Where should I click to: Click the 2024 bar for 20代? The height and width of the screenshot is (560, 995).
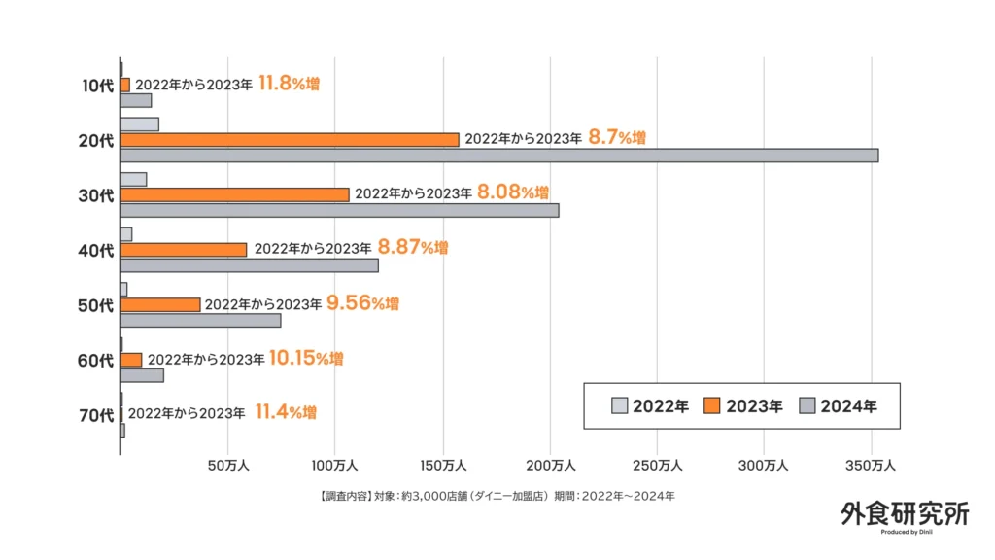(498, 156)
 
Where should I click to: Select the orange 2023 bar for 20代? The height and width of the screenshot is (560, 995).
(290, 140)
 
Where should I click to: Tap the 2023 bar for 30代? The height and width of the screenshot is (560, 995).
(234, 194)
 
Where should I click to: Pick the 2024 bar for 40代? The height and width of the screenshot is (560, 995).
(249, 265)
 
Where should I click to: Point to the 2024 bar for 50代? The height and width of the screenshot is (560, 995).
(200, 321)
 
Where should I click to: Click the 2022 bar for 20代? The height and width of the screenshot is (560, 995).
(140, 124)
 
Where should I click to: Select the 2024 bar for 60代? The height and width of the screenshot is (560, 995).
(142, 375)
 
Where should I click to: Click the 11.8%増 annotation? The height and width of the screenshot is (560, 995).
(289, 84)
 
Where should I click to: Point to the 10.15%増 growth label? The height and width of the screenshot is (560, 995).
(306, 358)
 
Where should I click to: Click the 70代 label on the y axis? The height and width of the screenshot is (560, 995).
(96, 416)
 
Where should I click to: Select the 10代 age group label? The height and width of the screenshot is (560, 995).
(96, 86)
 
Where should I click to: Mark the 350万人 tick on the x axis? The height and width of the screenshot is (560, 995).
(872, 466)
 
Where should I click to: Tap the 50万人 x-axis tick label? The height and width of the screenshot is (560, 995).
(228, 466)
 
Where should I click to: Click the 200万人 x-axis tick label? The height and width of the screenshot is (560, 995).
(550, 466)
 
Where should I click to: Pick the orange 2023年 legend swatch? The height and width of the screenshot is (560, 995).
(711, 406)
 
